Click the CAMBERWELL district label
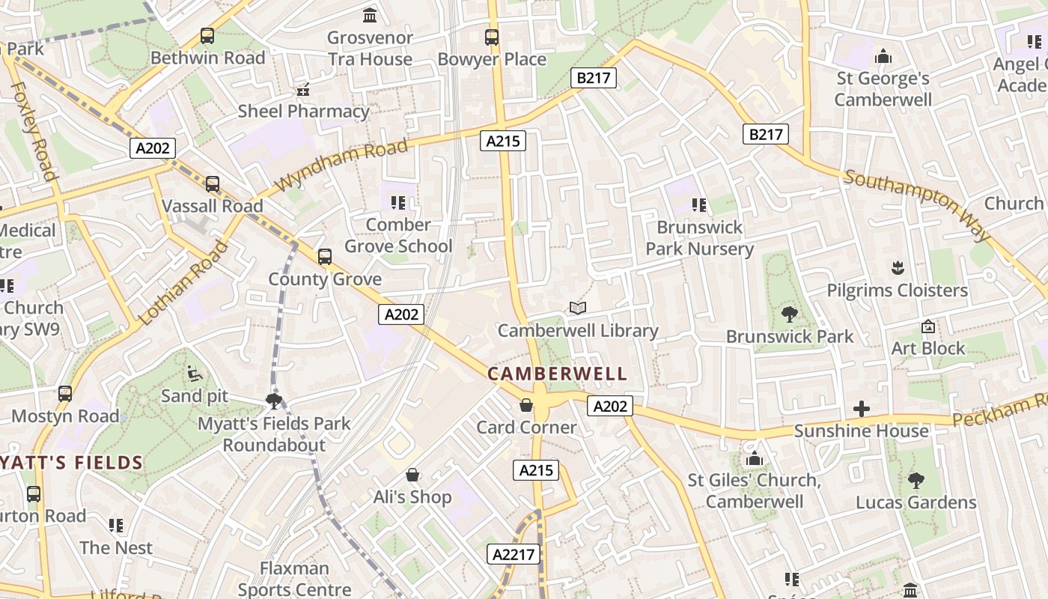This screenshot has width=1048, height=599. coord(557,373)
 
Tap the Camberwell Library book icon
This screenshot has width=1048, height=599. coord(577,308)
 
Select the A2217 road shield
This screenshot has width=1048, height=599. coord(514,554)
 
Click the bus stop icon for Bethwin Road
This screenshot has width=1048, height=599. coord(207,35)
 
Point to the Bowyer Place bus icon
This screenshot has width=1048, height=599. coord(492,37)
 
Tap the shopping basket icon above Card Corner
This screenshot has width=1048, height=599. coord(526,405)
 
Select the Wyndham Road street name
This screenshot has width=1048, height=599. coord(342,164)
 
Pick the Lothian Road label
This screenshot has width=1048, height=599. coord(183,282)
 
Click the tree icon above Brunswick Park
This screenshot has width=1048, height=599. coord(789,314)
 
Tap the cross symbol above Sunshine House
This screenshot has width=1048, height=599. coord(862,409)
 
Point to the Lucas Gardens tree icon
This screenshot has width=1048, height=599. coord(916,480)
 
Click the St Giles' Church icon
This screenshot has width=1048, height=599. coord(755,458)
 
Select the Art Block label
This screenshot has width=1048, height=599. coord(928,348)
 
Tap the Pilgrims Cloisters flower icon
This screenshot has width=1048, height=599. coord(897,268)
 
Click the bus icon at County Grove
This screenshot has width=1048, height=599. coord(325,257)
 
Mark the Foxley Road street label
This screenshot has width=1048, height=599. coord(34,131)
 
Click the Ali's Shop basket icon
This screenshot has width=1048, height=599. coord(412,475)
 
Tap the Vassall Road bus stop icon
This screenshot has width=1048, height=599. coord(213,183)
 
